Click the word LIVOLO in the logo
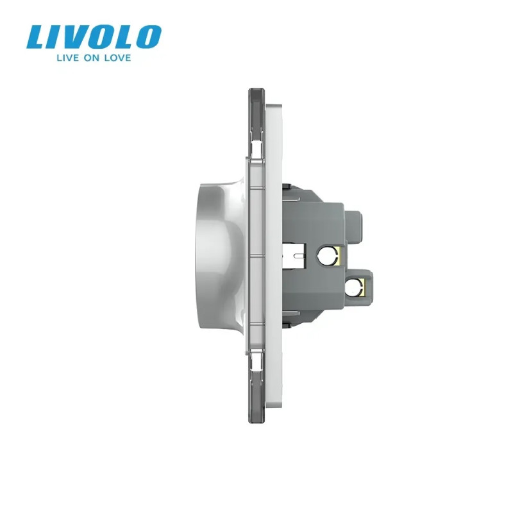(94, 37)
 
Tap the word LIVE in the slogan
(68, 58)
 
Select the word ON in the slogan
(91, 58)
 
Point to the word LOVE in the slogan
(117, 58)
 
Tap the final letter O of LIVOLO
(149, 37)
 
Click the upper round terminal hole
(328, 255)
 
